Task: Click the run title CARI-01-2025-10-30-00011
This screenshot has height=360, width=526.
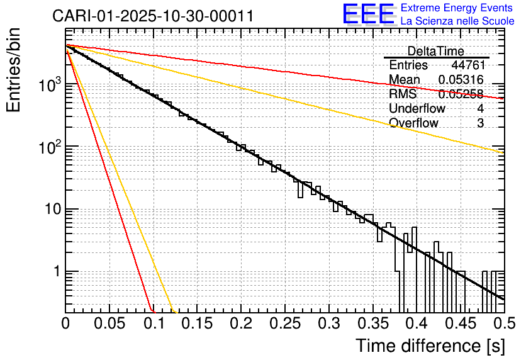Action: (153, 16)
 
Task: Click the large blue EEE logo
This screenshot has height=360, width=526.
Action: (368, 14)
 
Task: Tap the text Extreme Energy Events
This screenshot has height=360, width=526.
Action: (457, 8)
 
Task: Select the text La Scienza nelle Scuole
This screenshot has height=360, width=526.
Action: (457, 21)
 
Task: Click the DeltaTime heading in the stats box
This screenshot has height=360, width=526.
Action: (435, 51)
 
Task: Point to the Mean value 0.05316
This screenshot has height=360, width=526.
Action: (461, 80)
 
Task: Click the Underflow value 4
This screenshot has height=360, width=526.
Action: (480, 108)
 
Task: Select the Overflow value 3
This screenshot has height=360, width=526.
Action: (480, 123)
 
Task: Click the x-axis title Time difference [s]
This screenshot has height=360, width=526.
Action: (430, 346)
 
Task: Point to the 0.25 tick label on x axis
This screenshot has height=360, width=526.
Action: (284, 324)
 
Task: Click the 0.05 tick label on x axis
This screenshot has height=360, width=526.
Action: (109, 324)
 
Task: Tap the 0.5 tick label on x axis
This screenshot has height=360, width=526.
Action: (503, 324)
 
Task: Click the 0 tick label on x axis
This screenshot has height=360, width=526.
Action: (65, 324)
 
